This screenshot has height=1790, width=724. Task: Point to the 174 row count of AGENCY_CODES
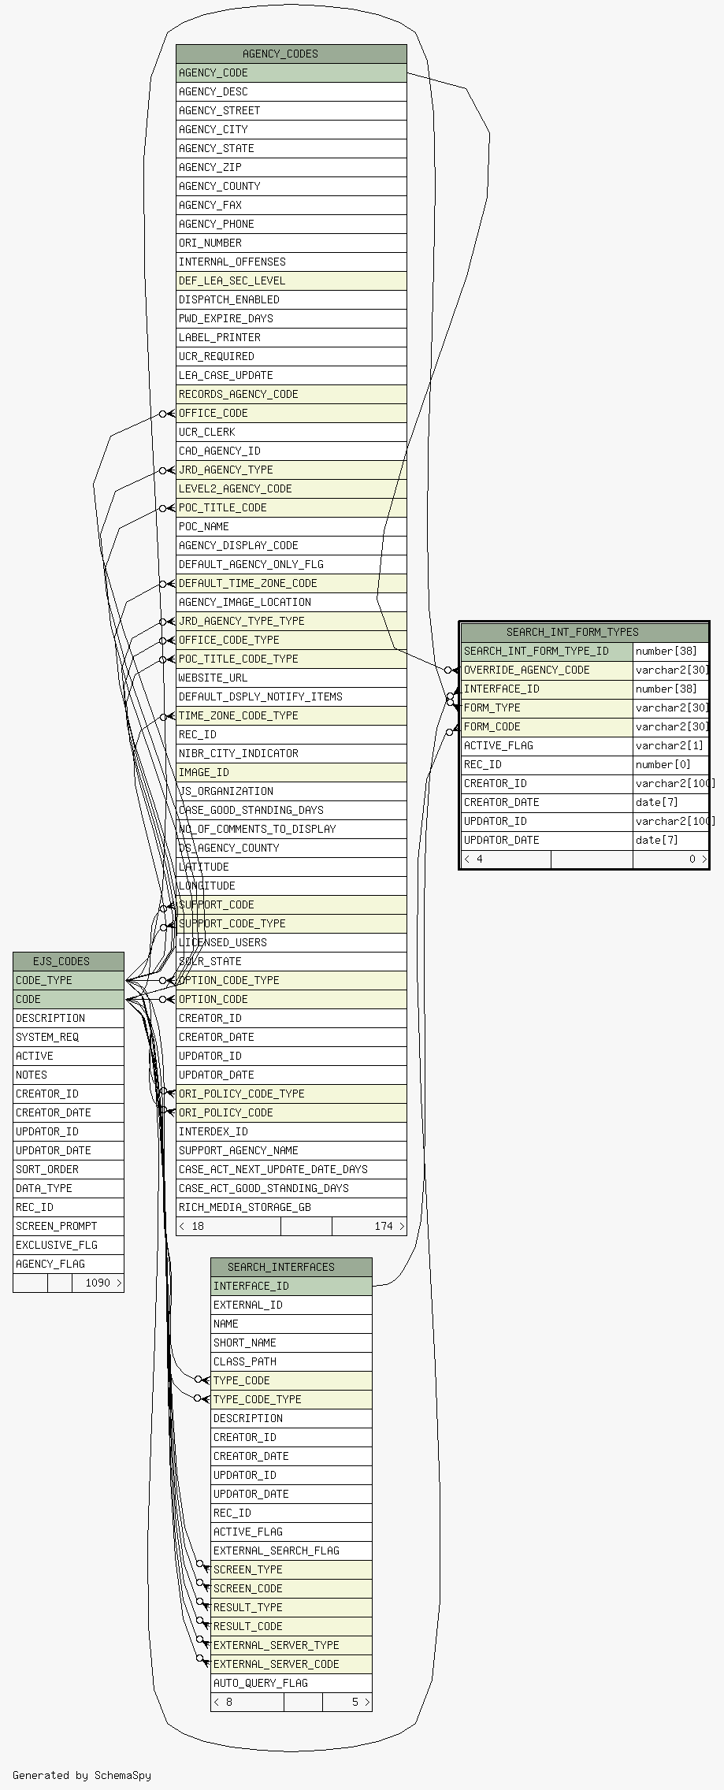(x=384, y=1226)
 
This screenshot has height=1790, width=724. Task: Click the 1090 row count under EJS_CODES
(x=98, y=1283)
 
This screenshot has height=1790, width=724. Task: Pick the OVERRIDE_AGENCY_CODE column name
(x=526, y=670)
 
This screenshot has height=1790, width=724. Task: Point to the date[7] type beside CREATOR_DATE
(x=657, y=802)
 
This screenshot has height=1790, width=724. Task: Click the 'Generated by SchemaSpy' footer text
(x=82, y=1775)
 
